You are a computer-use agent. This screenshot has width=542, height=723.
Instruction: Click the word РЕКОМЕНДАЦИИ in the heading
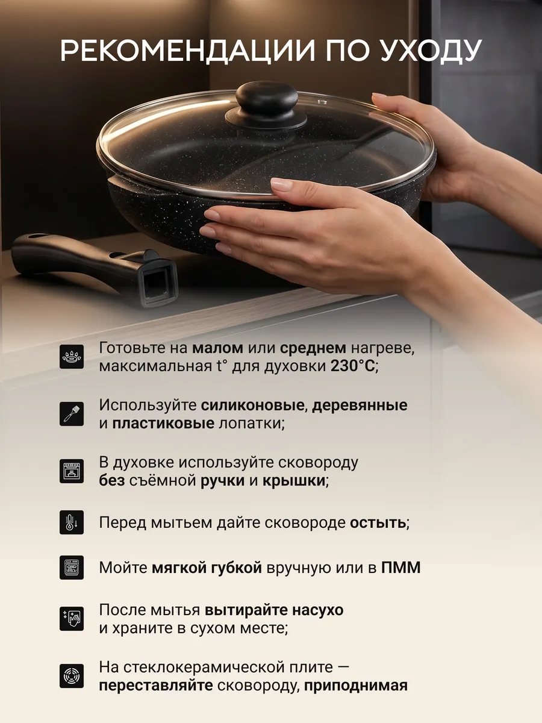click(187, 52)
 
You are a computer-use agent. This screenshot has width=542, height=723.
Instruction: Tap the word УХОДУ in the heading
click(431, 51)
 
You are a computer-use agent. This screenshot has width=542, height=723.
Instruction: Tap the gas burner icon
click(72, 357)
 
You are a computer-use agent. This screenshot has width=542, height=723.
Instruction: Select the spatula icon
click(72, 414)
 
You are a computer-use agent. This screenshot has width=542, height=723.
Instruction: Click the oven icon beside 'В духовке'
click(72, 471)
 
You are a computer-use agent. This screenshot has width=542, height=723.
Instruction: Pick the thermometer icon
click(72, 522)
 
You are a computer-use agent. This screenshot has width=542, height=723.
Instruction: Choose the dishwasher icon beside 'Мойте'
click(72, 568)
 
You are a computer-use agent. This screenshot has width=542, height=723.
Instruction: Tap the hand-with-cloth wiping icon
click(72, 619)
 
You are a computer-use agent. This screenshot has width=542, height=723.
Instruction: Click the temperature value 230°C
click(352, 366)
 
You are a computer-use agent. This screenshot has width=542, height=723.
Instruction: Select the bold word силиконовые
click(252, 405)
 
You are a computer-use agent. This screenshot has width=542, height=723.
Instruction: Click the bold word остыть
click(378, 523)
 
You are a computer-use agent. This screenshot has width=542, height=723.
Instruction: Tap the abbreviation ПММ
click(401, 568)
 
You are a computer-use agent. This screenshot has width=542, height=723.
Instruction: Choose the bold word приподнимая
click(356, 686)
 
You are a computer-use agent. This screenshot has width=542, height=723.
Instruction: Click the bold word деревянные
click(360, 405)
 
